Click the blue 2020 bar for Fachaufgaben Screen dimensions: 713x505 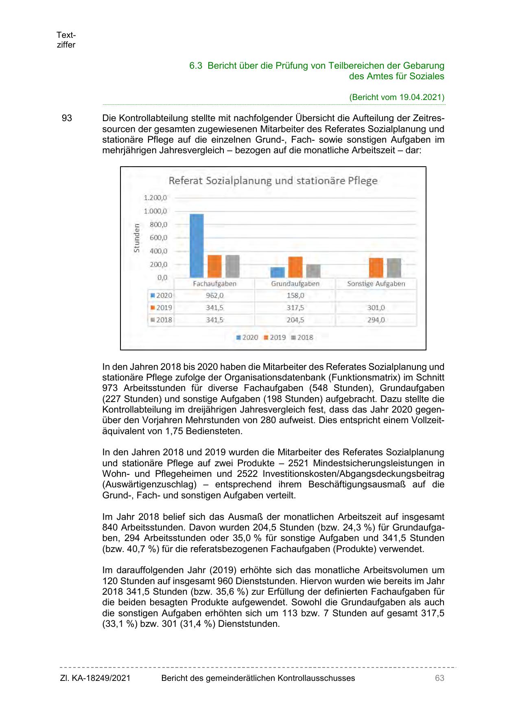coord(197,246)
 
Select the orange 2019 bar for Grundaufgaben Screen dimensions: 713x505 coord(295,267)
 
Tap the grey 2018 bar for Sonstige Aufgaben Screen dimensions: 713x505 coord(394,268)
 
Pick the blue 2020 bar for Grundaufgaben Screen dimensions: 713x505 coord(278,272)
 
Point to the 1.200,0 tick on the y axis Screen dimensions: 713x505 coord(155,198)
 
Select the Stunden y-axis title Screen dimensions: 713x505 coord(137,238)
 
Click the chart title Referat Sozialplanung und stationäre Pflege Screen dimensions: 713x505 coord(273,181)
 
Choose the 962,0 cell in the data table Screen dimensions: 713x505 coord(214,296)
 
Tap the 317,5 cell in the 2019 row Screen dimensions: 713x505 coord(295,308)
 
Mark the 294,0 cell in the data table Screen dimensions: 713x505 coord(376,320)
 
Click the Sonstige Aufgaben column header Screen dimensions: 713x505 coord(376,284)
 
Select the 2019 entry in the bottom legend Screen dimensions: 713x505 coord(275,337)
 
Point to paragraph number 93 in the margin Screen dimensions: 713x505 coord(66,119)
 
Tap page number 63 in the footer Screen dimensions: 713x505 coord(439,678)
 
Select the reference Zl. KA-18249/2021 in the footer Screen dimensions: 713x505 coord(95,678)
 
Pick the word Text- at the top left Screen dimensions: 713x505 coord(66,35)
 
